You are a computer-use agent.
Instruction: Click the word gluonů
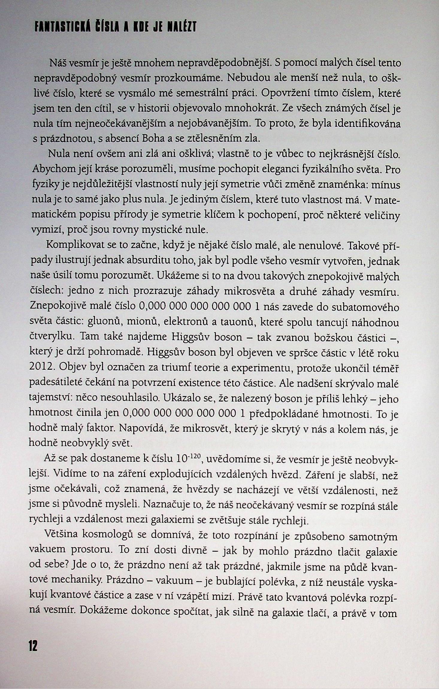pos(105,323)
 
